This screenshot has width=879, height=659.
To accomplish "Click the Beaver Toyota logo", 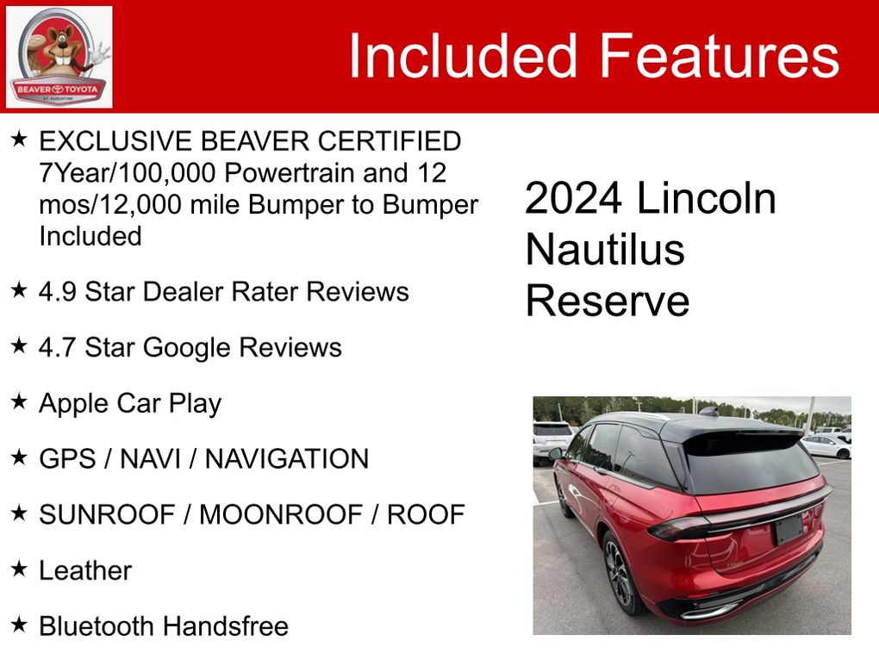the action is tap(59, 57).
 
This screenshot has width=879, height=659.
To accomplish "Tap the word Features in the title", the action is tap(720, 55).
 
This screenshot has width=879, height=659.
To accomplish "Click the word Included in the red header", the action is tap(463, 55).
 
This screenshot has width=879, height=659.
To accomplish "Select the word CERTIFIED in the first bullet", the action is tap(390, 141).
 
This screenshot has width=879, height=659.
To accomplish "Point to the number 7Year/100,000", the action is tap(128, 173).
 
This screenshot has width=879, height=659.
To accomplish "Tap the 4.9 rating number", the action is tap(57, 292).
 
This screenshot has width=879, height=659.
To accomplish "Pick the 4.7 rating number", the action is tap(57, 347).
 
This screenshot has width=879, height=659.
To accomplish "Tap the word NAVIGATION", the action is tap(287, 459).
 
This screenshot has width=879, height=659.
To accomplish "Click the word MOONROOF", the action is tap(281, 515).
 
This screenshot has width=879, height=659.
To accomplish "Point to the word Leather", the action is tap(85, 571).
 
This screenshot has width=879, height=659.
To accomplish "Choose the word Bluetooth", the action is tap(97, 626).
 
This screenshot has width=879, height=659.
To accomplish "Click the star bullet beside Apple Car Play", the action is tap(19, 401).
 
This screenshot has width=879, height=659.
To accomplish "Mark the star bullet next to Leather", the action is tap(19, 569).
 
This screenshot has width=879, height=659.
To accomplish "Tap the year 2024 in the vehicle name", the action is tap(573, 198).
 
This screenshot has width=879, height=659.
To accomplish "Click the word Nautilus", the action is tap(606, 249).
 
